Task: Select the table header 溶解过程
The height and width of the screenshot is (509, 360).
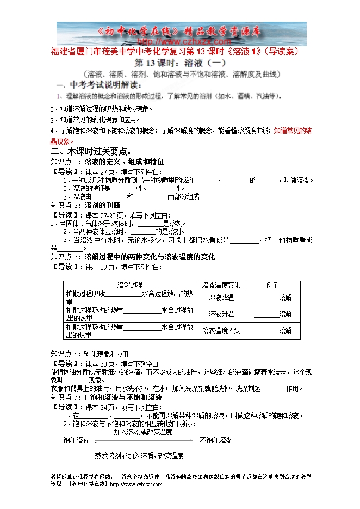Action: (x=130, y=285)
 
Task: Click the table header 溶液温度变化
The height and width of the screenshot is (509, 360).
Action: (x=221, y=285)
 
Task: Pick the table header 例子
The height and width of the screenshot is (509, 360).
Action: (x=272, y=285)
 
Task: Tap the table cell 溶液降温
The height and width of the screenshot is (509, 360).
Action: (x=221, y=297)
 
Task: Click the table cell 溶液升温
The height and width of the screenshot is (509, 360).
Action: (x=221, y=314)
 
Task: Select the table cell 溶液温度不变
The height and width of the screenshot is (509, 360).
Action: (x=221, y=331)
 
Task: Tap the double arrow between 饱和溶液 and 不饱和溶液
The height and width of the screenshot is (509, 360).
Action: (x=144, y=440)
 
